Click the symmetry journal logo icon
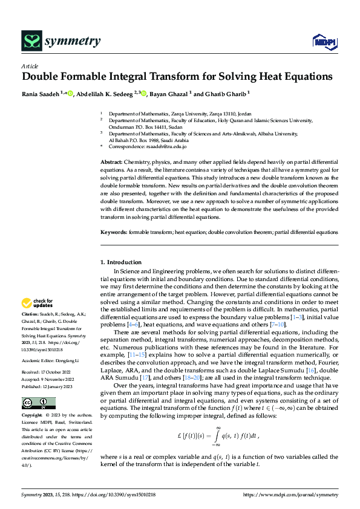(31, 41)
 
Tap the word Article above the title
(30, 65)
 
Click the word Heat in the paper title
(263, 77)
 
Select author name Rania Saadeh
(40, 94)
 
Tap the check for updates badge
(38, 303)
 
